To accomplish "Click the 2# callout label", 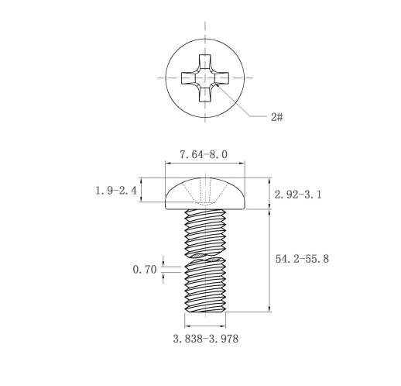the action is pyautogui.click(x=276, y=117).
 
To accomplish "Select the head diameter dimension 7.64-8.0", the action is pyautogui.click(x=204, y=155).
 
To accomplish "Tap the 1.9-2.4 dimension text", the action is pyautogui.click(x=116, y=191).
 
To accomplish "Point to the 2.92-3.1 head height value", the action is pyautogui.click(x=298, y=195).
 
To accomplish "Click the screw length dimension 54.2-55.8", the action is pyautogui.click(x=302, y=259).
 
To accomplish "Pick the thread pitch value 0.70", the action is pyautogui.click(x=145, y=270).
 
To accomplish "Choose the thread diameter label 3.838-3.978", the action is pyautogui.click(x=206, y=339).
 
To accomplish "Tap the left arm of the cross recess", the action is pyautogui.click(x=188, y=78).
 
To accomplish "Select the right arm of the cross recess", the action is pyautogui.click(x=221, y=78).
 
